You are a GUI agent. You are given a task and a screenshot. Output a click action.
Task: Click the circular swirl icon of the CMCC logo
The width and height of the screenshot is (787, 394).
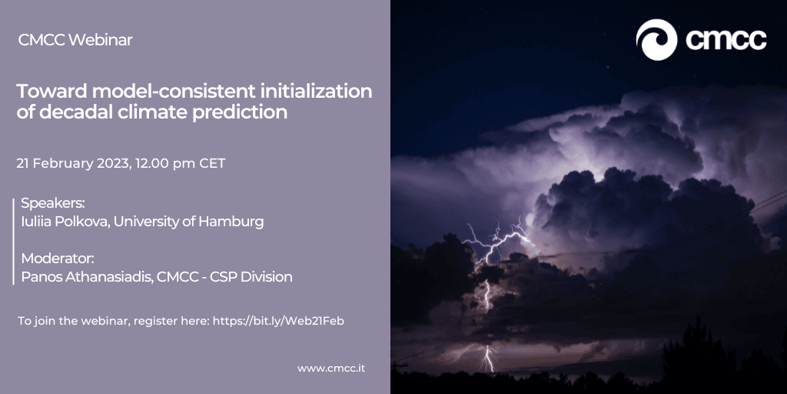[x=656, y=40]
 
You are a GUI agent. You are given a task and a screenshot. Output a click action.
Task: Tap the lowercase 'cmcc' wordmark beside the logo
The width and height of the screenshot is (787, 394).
[x=726, y=40]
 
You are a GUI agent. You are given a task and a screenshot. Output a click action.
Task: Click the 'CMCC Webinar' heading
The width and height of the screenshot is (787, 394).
[x=75, y=40]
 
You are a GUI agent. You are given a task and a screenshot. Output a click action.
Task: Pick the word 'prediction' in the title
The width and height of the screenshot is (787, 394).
[x=240, y=112]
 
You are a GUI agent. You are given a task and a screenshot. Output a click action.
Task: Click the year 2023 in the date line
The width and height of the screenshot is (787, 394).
[x=114, y=163]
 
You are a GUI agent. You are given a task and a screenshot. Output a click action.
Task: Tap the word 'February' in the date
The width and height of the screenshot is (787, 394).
[x=62, y=164]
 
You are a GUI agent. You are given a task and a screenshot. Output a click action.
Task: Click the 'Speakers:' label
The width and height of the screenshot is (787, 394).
[x=53, y=203]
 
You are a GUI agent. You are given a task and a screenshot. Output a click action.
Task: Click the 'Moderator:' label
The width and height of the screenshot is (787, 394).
[x=58, y=259]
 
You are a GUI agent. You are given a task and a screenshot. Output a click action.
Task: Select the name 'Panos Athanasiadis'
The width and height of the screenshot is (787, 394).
[x=88, y=276]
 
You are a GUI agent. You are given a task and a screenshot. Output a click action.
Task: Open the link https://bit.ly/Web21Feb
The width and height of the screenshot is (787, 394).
[x=278, y=321]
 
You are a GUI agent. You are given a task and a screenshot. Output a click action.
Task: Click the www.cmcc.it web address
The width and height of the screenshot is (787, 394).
[x=331, y=369]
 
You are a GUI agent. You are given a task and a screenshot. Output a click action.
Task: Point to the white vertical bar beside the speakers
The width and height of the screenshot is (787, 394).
[x=14, y=242]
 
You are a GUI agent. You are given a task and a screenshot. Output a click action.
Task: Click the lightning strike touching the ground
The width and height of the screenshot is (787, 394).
[x=488, y=359]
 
